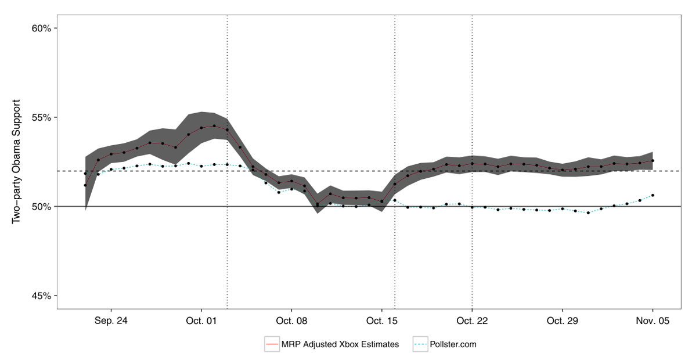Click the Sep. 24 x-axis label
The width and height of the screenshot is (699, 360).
click(x=111, y=321)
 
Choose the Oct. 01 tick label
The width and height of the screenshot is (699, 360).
click(x=201, y=321)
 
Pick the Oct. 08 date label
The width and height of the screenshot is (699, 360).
click(x=291, y=321)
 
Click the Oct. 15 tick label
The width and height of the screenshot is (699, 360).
click(x=381, y=321)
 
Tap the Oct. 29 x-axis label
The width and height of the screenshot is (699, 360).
click(x=562, y=321)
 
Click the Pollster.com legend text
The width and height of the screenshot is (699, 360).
click(x=453, y=344)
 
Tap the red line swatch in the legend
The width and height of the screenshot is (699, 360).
click(x=272, y=344)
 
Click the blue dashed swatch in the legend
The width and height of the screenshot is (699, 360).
click(x=420, y=344)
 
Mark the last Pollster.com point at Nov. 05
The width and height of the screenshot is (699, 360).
click(x=653, y=195)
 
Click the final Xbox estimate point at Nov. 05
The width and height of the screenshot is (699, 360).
click(x=653, y=161)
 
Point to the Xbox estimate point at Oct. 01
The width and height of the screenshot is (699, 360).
click(x=201, y=128)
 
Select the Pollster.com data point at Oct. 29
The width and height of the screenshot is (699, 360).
click(x=562, y=208)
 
